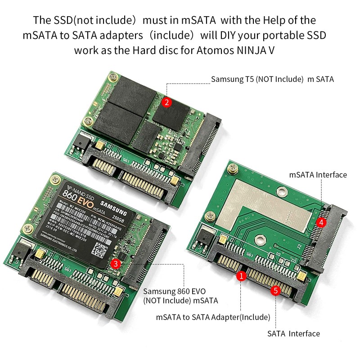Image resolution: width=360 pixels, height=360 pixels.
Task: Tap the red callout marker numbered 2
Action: coord(166,102)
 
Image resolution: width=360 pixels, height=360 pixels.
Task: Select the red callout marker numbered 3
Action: coord(116,264)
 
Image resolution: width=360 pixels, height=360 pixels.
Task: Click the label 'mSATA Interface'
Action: coord(318,175)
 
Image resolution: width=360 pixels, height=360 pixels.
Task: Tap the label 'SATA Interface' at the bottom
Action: coord(293,333)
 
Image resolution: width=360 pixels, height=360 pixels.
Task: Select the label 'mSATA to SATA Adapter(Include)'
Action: coord(213,317)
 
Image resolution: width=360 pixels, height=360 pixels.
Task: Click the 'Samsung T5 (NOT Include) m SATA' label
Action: coord(272,79)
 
